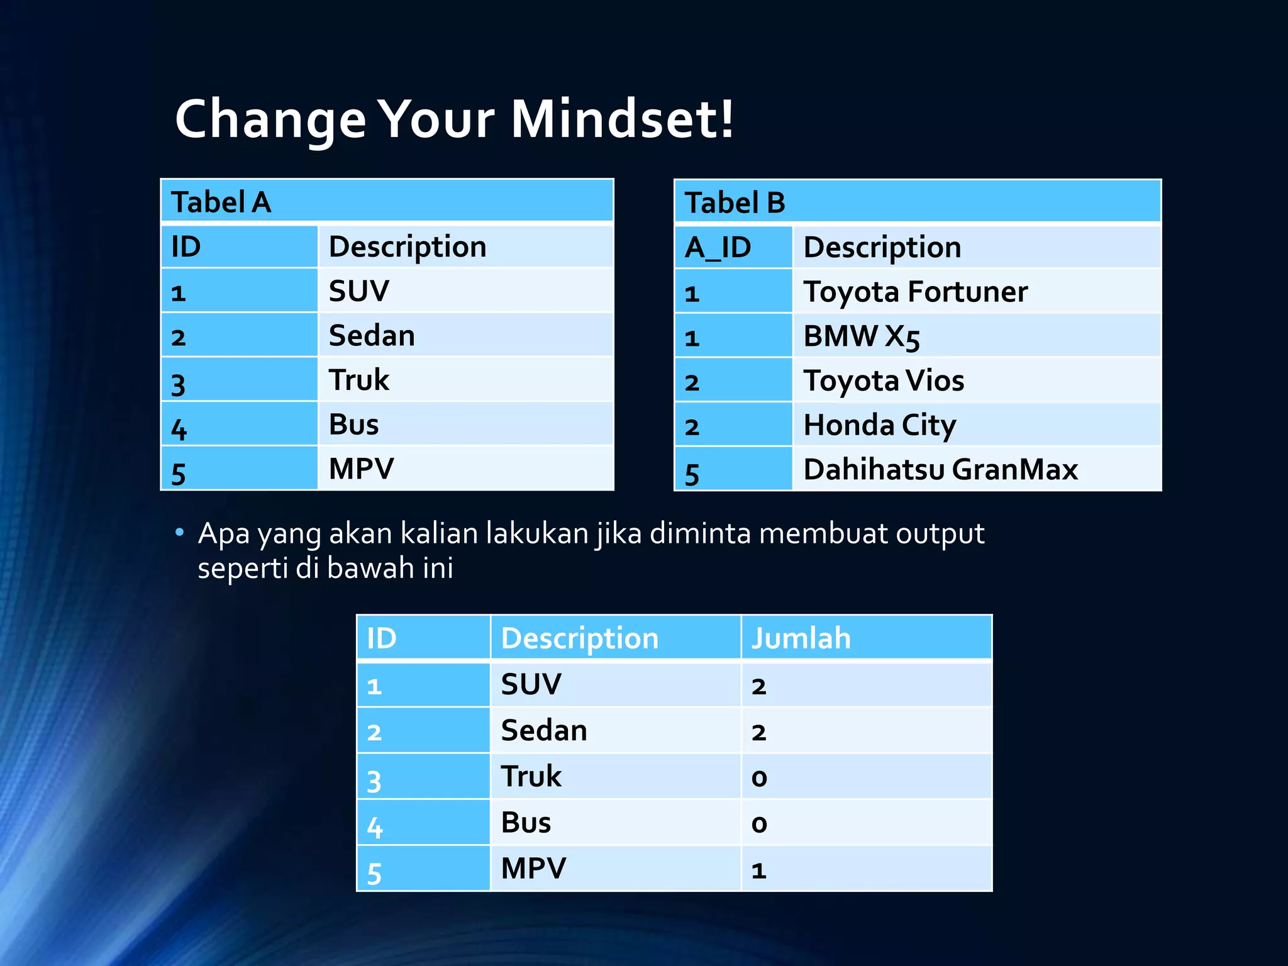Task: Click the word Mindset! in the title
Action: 621,119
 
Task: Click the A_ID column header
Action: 733,247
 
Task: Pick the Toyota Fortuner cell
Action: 977,292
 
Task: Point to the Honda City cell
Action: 977,425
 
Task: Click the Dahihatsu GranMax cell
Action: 977,469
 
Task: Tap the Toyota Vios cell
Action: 977,380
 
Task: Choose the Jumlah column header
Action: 865,638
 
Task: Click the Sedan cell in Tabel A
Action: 465,336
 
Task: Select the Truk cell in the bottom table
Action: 614,776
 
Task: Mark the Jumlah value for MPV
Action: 865,869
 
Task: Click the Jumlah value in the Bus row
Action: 865,823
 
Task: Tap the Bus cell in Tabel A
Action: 465,425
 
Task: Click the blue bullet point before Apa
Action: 180,533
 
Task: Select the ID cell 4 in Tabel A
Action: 239,425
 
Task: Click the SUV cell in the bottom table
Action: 614,684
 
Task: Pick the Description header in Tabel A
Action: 465,247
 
